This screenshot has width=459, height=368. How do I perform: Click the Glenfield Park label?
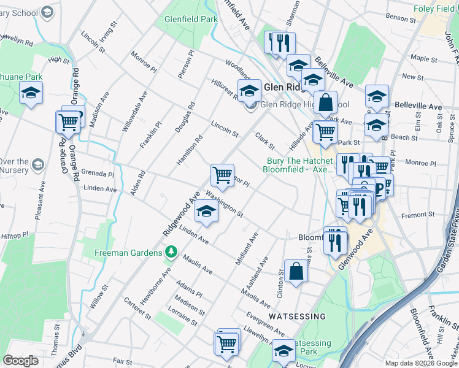(x=191, y=20)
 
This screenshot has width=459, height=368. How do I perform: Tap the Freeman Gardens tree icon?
(x=173, y=253)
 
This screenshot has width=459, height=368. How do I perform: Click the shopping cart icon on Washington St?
(x=222, y=174)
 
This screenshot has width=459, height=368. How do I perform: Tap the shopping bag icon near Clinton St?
(x=295, y=272)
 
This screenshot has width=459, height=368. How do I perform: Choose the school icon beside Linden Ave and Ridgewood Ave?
(x=206, y=212)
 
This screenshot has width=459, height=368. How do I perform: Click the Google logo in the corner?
(x=21, y=361)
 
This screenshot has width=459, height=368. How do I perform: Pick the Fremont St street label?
(x=418, y=215)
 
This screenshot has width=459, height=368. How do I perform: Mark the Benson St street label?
(x=401, y=18)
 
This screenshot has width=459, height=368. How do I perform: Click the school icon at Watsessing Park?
(x=283, y=352)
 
